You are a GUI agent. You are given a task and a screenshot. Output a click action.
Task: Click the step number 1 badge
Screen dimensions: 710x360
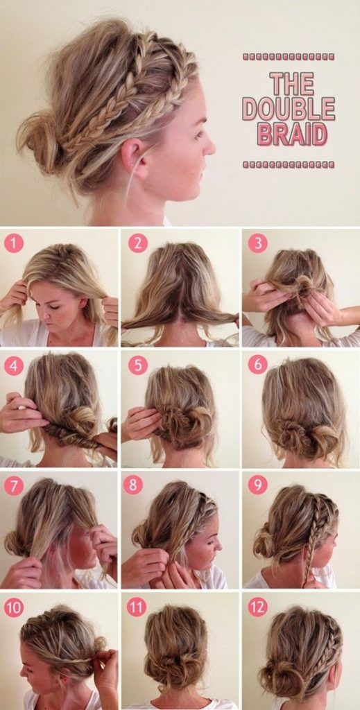click(14, 243)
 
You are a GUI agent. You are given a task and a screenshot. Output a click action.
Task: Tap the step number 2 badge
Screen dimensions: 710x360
click(137, 243)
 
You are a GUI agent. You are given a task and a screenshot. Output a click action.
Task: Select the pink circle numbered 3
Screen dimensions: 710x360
click(257, 243)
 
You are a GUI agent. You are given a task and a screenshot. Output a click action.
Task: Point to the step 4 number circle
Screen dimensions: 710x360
click(14, 365)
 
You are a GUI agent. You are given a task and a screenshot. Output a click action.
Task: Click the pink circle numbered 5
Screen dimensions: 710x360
click(137, 365)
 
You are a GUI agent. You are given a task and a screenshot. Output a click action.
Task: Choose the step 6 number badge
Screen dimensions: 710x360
click(257, 365)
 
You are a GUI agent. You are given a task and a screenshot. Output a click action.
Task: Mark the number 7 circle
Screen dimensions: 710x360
click(14, 485)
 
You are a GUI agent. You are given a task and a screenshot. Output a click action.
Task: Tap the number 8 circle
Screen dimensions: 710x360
click(133, 485)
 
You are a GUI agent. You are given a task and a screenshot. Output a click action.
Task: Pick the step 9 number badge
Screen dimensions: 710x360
click(257, 485)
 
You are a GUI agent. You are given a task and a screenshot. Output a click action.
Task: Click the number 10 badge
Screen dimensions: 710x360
click(14, 607)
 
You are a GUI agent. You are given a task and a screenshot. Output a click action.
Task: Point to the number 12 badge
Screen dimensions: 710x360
click(257, 607)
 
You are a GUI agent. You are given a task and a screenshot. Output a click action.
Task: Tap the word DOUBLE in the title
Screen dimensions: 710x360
click(289, 109)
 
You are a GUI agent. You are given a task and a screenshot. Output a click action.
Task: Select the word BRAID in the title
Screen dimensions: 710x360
click(291, 134)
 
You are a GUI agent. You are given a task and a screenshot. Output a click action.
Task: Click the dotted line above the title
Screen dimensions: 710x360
click(289, 56)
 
